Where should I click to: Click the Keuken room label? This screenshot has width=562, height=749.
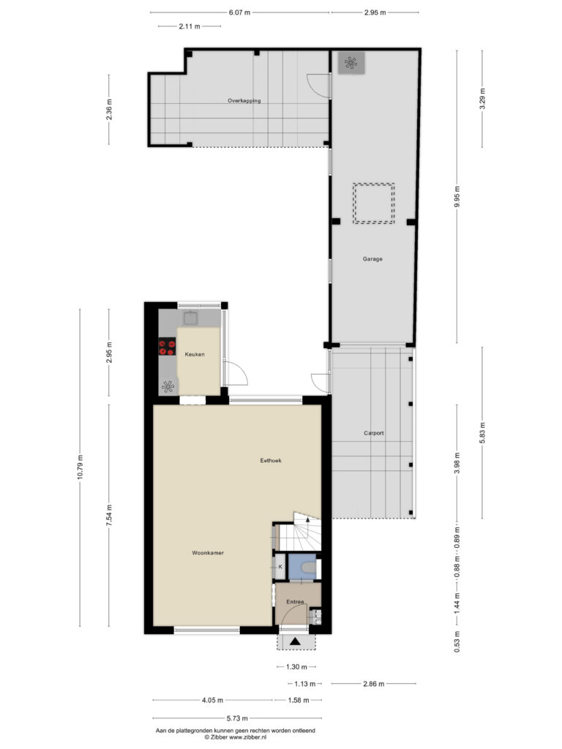tap(195, 355)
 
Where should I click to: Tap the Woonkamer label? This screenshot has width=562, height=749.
tap(208, 553)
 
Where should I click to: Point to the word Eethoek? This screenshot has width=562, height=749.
tap(271, 461)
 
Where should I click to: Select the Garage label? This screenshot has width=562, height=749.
tap(372, 259)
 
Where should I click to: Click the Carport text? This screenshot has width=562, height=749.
tap(374, 433)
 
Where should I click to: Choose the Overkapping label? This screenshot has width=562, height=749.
tap(244, 101)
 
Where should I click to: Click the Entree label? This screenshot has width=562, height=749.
tap(295, 602)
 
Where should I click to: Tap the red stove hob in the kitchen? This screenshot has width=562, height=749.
tap(167, 347)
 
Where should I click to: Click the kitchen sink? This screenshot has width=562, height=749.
tap(190, 318)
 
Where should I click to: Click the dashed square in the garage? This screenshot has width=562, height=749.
tap(374, 203)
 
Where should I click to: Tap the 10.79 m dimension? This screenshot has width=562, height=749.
tap(80, 467)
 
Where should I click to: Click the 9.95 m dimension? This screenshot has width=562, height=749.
tap(457, 196)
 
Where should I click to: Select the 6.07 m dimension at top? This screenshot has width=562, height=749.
tap(239, 12)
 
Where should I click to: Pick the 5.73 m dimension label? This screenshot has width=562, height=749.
tap(237, 718)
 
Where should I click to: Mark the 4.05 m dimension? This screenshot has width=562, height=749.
tap(213, 700)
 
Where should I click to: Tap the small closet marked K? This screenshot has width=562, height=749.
tap(280, 567)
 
